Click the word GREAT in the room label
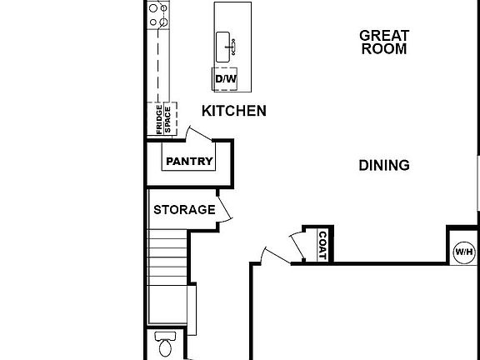384,35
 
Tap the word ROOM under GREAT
384,49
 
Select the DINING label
384,165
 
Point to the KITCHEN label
234,111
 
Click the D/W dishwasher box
225,79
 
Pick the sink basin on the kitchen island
224,47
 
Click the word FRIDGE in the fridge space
158,118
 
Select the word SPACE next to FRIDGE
167,119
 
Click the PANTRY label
189,162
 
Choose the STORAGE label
183,210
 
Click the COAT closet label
322,244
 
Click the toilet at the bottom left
165,345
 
